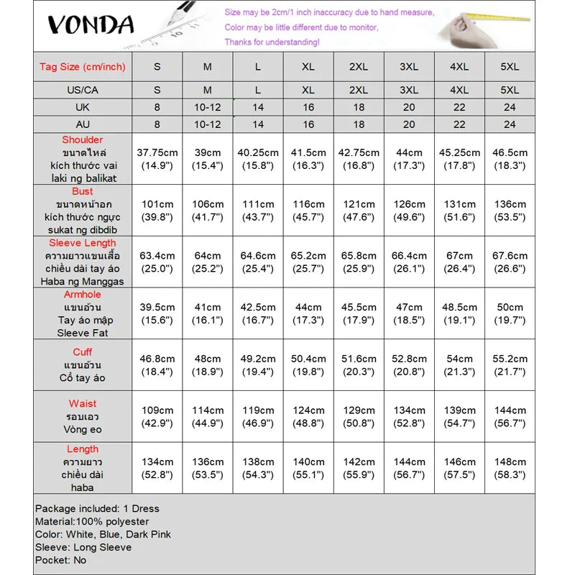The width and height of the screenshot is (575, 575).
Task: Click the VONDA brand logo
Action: coord(91,25)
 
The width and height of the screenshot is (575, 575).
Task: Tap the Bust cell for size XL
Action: coord(308,211)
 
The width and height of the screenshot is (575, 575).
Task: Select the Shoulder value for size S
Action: coord(157,159)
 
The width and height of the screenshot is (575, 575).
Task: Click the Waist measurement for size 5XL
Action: coord(510,417)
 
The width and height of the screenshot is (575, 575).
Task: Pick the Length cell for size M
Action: coord(208,469)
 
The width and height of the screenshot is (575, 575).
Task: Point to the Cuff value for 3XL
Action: coord(409,365)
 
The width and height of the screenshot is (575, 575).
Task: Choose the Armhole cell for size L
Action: coord(258,314)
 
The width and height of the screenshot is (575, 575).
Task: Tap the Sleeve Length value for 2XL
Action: coord(359,262)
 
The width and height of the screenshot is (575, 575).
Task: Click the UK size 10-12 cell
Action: coord(208,107)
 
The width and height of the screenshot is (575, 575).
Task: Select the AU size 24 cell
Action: coord(510,124)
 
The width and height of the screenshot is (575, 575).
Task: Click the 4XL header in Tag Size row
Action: coord(459,67)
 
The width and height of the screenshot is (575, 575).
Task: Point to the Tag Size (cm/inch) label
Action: coord(83,67)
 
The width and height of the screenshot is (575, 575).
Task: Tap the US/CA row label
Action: coord(83,90)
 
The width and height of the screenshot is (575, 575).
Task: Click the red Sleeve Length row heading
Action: coord(83,243)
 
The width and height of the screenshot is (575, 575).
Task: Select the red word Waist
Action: coord(83,404)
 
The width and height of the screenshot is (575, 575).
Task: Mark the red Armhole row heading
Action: coord(83,295)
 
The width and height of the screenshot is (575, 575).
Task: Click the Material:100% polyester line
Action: coord(92,521)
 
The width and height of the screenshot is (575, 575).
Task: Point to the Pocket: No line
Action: coord(61,560)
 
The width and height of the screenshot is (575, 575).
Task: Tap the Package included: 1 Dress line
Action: coord(97,508)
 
